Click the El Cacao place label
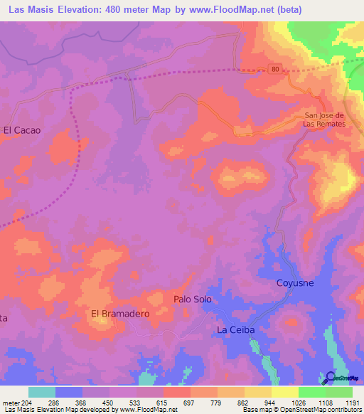coord(22,130)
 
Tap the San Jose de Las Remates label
coord(324,120)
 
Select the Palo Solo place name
coord(193,299)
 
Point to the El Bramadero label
coord(118,313)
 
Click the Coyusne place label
coord(295,283)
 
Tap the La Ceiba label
coord(235,331)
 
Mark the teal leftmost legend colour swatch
coord(41,391)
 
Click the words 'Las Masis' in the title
coord(31,10)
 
